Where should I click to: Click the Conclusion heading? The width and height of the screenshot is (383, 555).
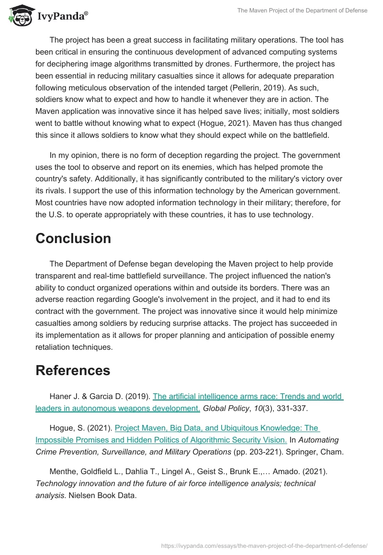point(73,238)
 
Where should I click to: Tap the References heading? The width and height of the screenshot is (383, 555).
point(73,370)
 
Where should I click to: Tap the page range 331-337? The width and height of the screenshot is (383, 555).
point(293,408)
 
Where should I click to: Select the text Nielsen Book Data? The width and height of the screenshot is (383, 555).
point(102,496)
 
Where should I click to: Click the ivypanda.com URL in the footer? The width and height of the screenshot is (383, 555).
point(265,545)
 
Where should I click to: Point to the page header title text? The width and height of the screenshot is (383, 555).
point(302,11)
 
